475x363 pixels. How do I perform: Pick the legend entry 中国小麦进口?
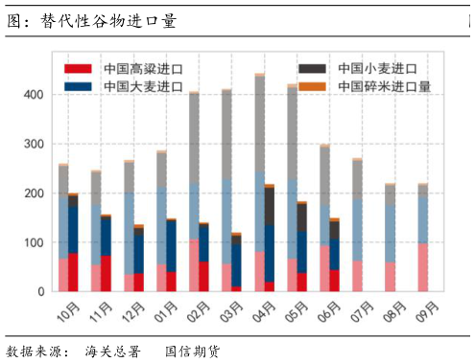coord(376,69)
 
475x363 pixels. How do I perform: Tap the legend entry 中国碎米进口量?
coord(383,86)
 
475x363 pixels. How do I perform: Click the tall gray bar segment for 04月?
coord(259,125)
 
